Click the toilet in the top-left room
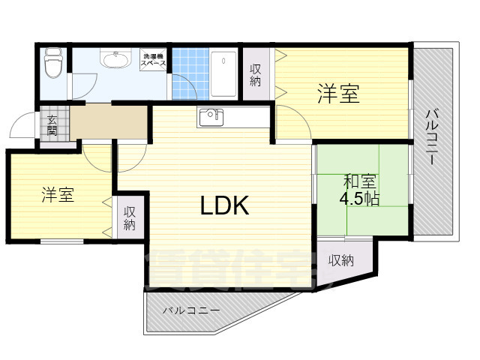pyautogui.click(x=52, y=65)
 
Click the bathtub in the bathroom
pyautogui.click(x=223, y=73)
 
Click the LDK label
pyautogui.click(x=223, y=205)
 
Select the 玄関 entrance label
pyautogui.click(x=52, y=124)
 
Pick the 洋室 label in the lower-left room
pyautogui.click(x=57, y=195)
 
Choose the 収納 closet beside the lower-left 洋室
pyautogui.click(x=130, y=217)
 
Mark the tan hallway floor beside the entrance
pyautogui.click(x=109, y=123)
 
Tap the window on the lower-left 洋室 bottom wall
pyautogui.click(x=61, y=241)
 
